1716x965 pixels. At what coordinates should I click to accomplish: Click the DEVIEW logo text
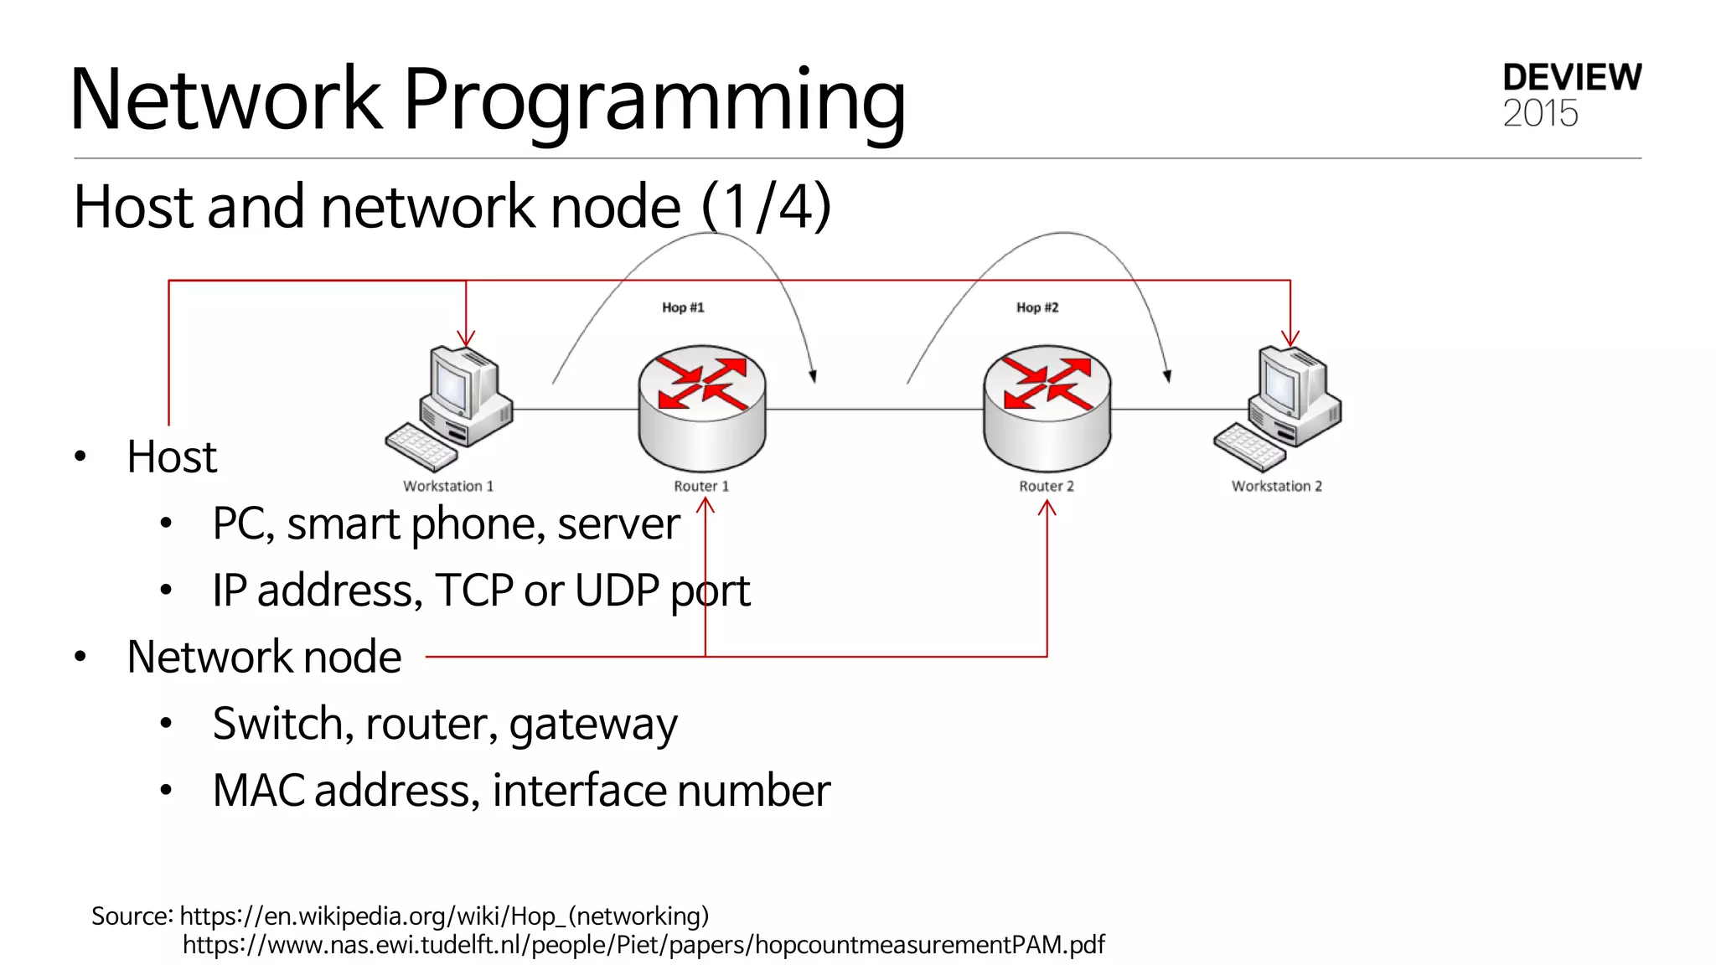(x=1572, y=77)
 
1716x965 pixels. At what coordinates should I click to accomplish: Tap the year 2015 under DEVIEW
(x=1540, y=114)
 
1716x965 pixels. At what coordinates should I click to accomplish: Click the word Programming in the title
(x=654, y=101)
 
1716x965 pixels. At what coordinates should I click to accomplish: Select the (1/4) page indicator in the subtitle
(x=766, y=206)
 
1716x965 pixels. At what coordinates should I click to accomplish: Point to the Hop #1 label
(x=683, y=307)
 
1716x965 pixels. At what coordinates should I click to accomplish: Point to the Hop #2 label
(x=1037, y=307)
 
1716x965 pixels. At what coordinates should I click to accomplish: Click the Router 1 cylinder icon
(x=702, y=408)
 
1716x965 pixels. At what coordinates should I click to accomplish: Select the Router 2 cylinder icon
(x=1047, y=408)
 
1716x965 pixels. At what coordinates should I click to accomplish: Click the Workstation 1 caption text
(x=448, y=486)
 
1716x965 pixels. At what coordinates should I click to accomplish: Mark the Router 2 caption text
(x=1046, y=486)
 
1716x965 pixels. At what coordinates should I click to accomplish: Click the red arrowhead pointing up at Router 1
(x=706, y=505)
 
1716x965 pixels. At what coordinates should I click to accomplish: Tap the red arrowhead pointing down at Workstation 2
(x=1290, y=338)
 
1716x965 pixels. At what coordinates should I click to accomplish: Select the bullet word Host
(x=172, y=457)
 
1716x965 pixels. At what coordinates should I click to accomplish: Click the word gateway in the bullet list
(x=592, y=725)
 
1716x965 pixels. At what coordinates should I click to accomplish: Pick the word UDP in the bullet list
(x=617, y=591)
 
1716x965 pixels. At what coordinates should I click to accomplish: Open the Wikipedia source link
(x=444, y=916)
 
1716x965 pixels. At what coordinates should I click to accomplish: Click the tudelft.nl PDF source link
(x=643, y=945)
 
